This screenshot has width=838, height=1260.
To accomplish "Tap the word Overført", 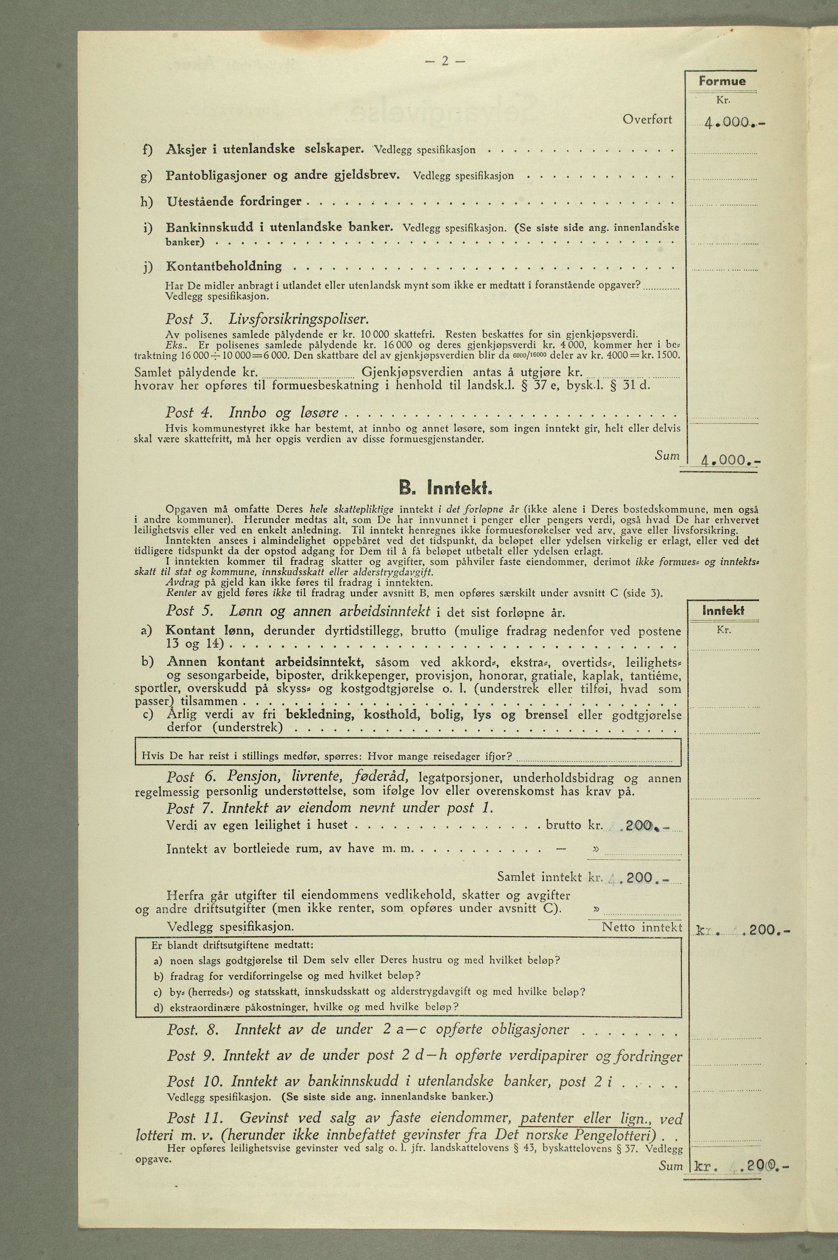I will pos(647,119).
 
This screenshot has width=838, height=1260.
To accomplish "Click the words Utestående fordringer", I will pos(234,202).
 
